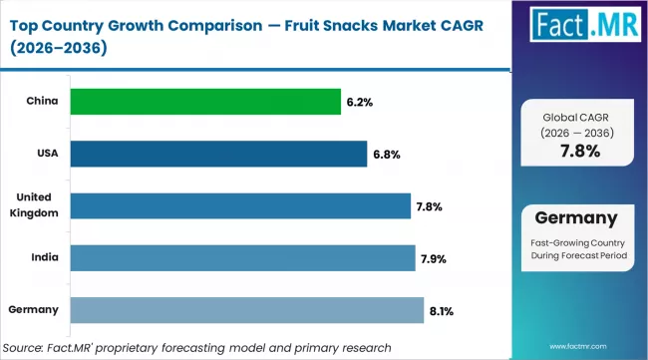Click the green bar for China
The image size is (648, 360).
[204, 101]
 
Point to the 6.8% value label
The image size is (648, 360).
[383, 154]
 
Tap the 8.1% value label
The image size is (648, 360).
[441, 310]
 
